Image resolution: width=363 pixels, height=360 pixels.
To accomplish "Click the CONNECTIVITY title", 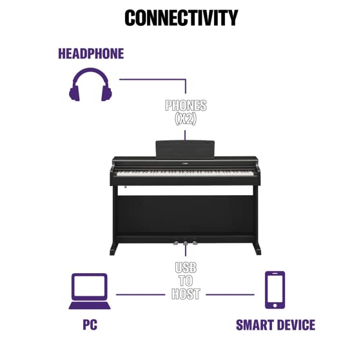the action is click(181, 18).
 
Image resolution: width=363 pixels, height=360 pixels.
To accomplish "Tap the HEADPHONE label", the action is click(91, 53).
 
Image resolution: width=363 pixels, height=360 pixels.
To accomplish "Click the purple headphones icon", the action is click(90, 84).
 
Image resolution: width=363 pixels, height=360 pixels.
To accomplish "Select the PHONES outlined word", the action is click(186, 106).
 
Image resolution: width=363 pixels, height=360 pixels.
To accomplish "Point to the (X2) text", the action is click(186, 119).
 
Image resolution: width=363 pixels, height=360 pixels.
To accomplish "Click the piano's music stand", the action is click(185, 149).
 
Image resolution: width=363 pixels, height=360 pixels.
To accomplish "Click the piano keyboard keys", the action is click(185, 173).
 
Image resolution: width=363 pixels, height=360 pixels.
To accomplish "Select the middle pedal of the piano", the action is click(185, 243).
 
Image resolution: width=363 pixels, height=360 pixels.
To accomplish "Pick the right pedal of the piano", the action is click(195, 242).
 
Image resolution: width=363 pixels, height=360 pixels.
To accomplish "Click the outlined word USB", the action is click(186, 267).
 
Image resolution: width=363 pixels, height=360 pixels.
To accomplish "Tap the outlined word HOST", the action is click(186, 294).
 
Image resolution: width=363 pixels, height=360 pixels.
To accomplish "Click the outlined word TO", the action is click(186, 281).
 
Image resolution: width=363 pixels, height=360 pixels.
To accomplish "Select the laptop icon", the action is click(90, 291).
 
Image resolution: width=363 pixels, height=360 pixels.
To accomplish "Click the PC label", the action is click(90, 325).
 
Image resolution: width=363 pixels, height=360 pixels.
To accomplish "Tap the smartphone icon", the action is click(275, 290).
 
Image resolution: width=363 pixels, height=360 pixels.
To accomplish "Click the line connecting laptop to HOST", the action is click(141, 294).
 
